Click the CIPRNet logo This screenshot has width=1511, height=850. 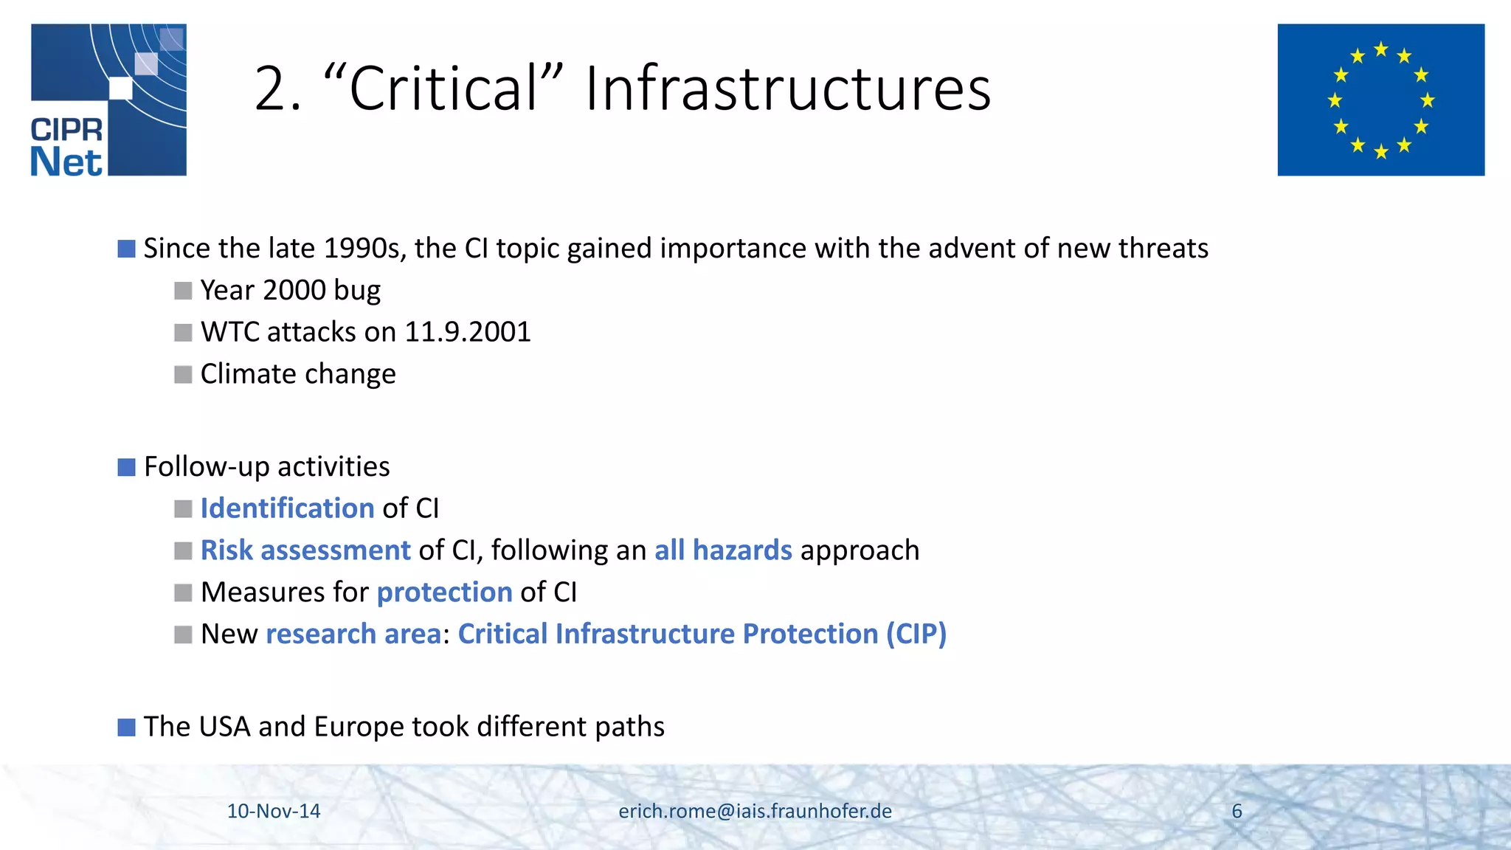(x=108, y=100)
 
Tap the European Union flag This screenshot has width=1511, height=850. (x=1380, y=100)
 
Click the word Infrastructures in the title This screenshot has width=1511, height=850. (x=788, y=89)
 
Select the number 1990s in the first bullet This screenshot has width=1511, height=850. (x=364, y=249)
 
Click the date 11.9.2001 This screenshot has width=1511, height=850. (x=468, y=332)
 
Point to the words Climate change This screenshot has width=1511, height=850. (x=298, y=374)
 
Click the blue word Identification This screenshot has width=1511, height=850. (x=288, y=508)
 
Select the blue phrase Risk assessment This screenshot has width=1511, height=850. (x=305, y=550)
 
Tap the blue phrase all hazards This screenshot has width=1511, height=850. (x=723, y=550)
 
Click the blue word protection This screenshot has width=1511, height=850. (x=444, y=592)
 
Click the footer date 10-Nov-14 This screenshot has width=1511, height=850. (x=274, y=811)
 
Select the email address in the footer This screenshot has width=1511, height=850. (x=755, y=811)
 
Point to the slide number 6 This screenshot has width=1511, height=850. (x=1237, y=811)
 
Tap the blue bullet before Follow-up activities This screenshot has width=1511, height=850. (x=126, y=467)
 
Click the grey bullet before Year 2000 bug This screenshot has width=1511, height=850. (x=183, y=291)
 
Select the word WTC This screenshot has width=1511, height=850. (x=229, y=332)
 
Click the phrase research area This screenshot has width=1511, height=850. (x=353, y=634)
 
